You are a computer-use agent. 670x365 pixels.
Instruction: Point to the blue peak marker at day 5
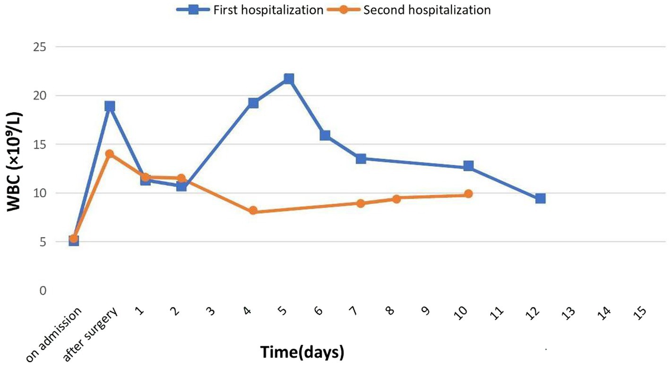(289, 78)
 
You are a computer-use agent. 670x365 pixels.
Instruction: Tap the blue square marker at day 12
(540, 198)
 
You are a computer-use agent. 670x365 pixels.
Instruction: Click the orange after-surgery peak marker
(110, 154)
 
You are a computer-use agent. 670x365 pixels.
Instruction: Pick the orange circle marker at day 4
(253, 211)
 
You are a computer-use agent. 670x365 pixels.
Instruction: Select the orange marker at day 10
(468, 194)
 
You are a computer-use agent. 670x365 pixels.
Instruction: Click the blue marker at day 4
(253, 103)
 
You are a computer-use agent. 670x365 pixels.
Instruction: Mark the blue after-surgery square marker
(110, 106)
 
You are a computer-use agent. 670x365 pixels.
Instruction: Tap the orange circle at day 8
(396, 199)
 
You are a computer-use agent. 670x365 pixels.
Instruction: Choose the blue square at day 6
(325, 136)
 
